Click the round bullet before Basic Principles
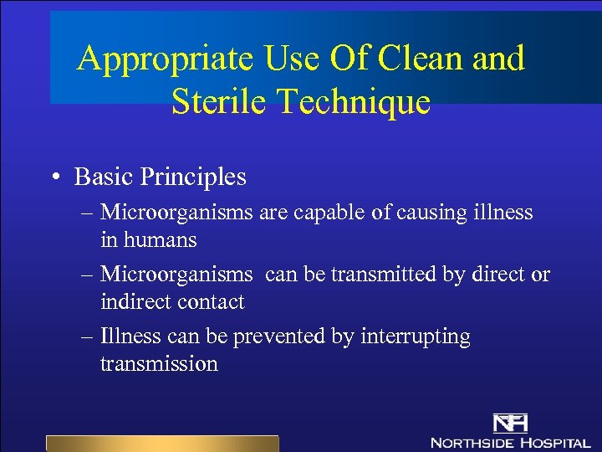[x=54, y=177]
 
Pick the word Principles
[x=194, y=177]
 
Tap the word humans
[x=160, y=240]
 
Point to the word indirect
[x=137, y=302]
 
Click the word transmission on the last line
[x=159, y=364]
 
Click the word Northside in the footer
[x=472, y=441]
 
